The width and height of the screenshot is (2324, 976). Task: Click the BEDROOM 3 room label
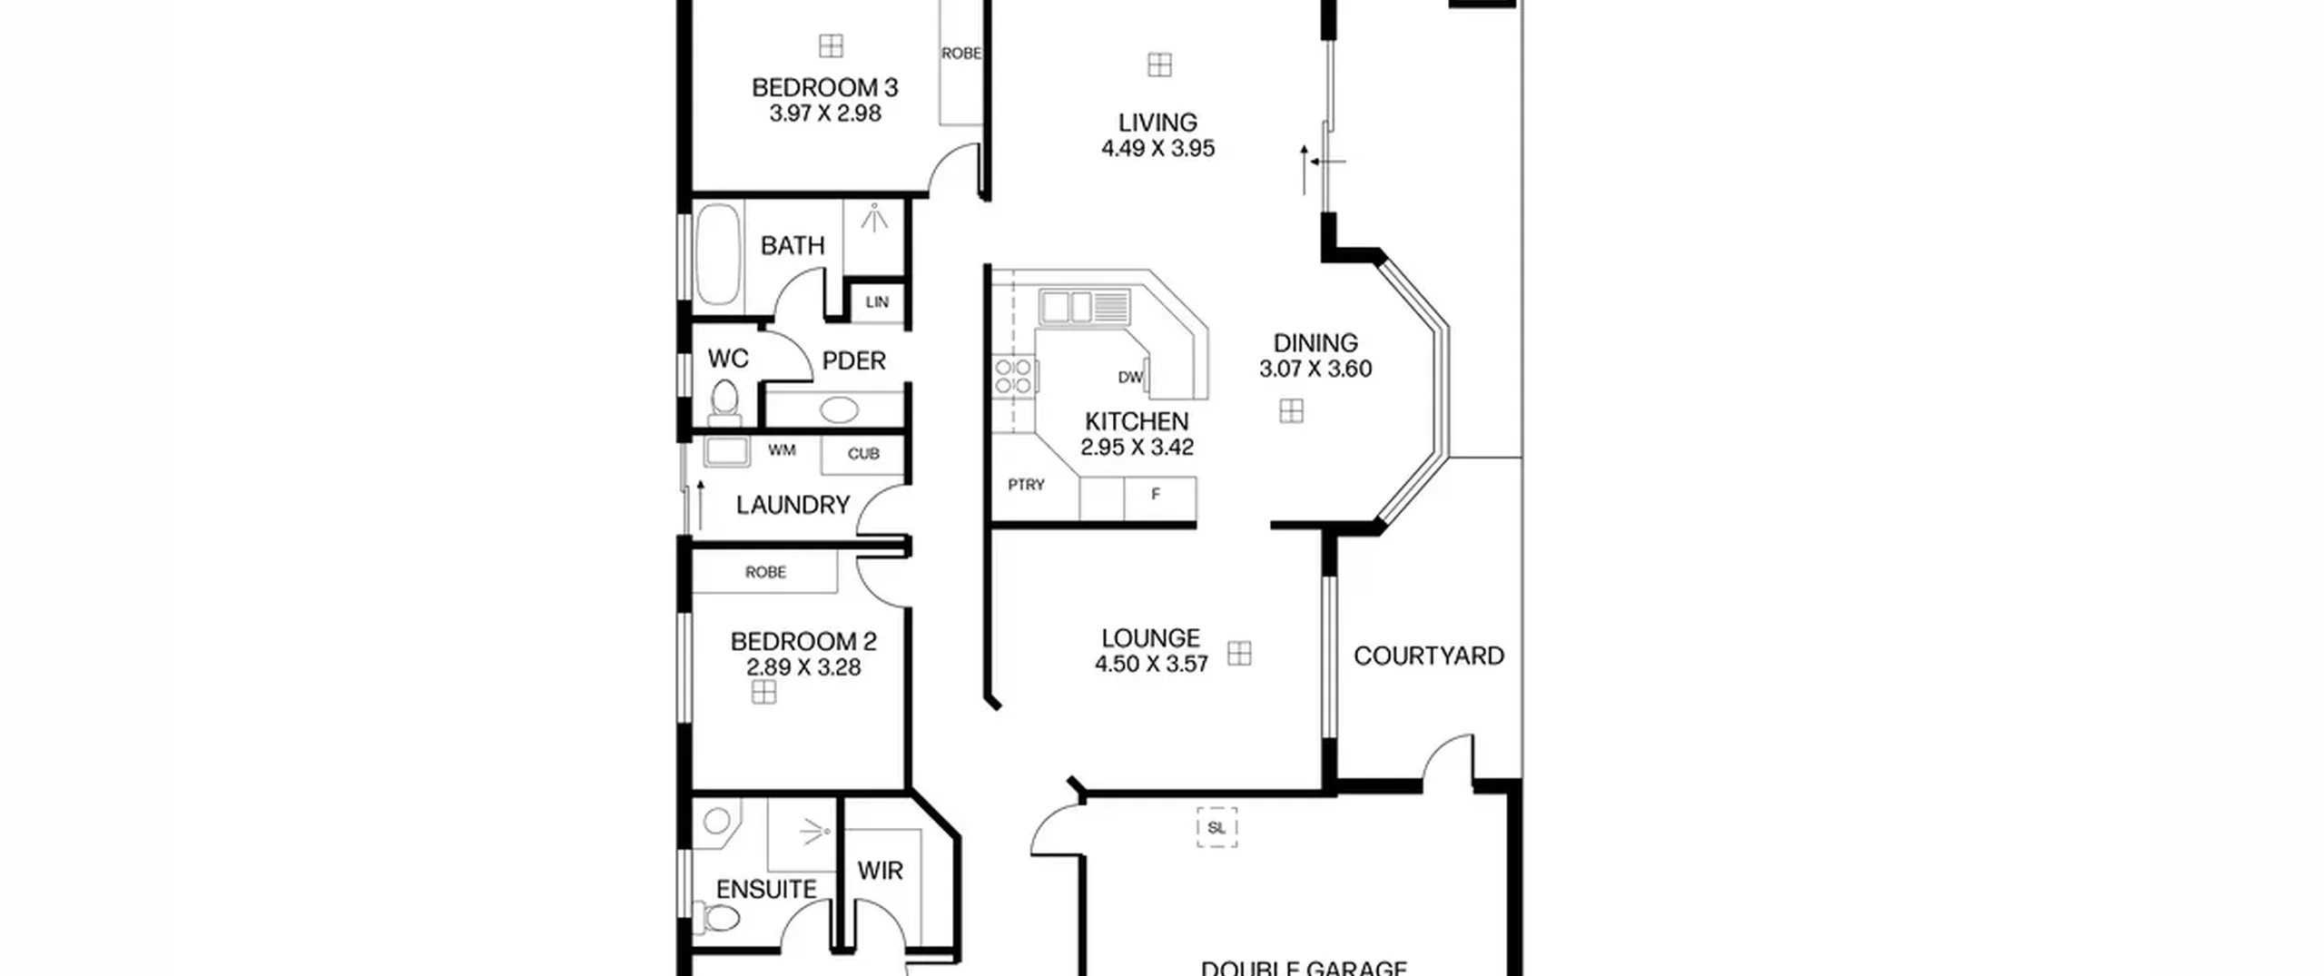point(824,87)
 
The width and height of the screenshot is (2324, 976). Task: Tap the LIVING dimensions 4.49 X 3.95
point(1157,148)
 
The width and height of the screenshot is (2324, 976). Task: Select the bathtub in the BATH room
point(718,254)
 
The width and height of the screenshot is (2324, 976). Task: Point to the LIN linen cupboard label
point(877,302)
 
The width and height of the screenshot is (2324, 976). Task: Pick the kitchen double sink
point(1066,307)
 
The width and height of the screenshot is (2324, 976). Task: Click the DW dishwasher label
point(1130,377)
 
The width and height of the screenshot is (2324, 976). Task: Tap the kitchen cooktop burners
point(1013,377)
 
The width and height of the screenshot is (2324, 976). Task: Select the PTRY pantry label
point(1026,485)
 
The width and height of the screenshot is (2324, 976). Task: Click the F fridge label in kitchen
point(1156,494)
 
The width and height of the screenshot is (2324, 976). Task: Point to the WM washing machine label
point(782,450)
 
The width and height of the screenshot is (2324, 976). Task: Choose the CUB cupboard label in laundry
point(863,454)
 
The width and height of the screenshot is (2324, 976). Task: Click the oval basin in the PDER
point(839,409)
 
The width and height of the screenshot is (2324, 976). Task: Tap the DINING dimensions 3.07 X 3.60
point(1315,369)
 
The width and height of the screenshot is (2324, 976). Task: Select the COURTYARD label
point(1429,656)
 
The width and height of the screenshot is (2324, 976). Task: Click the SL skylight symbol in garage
point(1216,827)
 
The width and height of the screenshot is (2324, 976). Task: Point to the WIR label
point(880,871)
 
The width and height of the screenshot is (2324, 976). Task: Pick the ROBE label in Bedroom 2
point(765,572)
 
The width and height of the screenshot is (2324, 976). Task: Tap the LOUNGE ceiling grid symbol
point(1239,654)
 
